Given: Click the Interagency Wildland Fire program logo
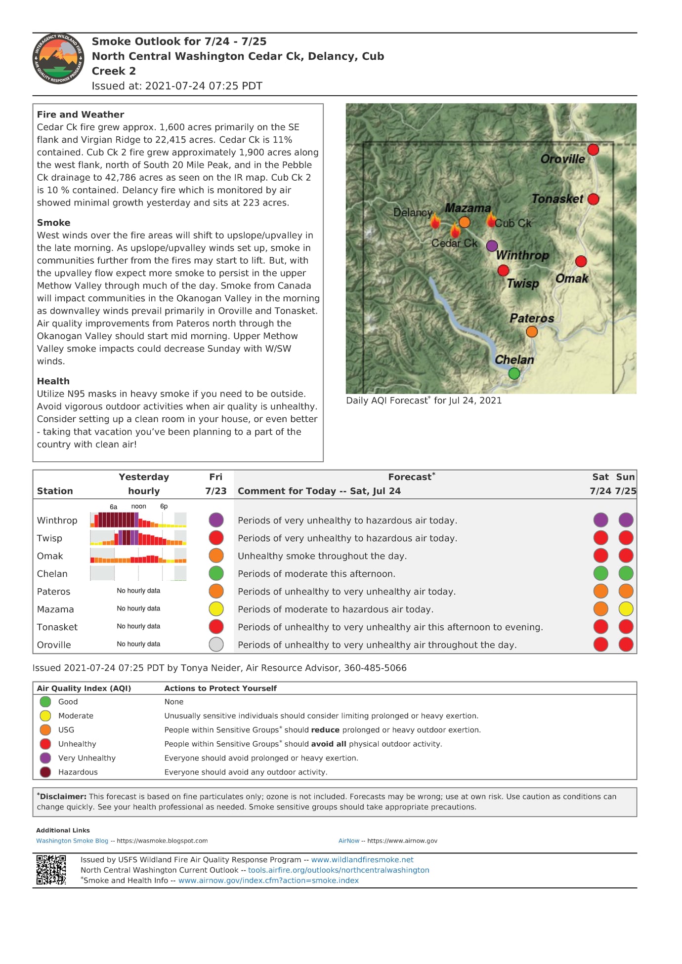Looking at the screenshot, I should (58, 59).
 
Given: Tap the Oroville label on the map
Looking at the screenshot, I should (562, 159).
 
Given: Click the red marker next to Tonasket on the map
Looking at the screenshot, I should (594, 199).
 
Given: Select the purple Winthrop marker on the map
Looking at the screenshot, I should (492, 245).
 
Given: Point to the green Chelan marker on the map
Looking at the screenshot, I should (514, 373).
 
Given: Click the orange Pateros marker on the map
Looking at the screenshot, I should (532, 331).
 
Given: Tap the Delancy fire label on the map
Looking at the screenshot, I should (413, 213).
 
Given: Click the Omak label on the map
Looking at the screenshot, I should (572, 279).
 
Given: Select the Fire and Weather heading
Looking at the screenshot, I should (81, 115).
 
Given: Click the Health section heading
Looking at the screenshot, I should (53, 381).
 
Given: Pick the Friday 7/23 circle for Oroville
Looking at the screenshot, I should (216, 644).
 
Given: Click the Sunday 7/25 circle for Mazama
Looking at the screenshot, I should (626, 609).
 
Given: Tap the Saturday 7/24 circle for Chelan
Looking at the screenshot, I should (600, 573).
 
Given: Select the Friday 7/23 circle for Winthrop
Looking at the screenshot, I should (216, 520).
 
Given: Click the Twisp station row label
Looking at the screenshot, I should (49, 538).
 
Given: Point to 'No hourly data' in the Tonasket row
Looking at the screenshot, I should (138, 626).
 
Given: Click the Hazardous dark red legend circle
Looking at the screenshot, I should (45, 772).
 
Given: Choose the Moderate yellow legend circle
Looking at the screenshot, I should (45, 716).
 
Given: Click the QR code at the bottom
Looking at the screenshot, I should (51, 870).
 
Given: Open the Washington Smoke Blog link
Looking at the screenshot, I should (72, 841).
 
